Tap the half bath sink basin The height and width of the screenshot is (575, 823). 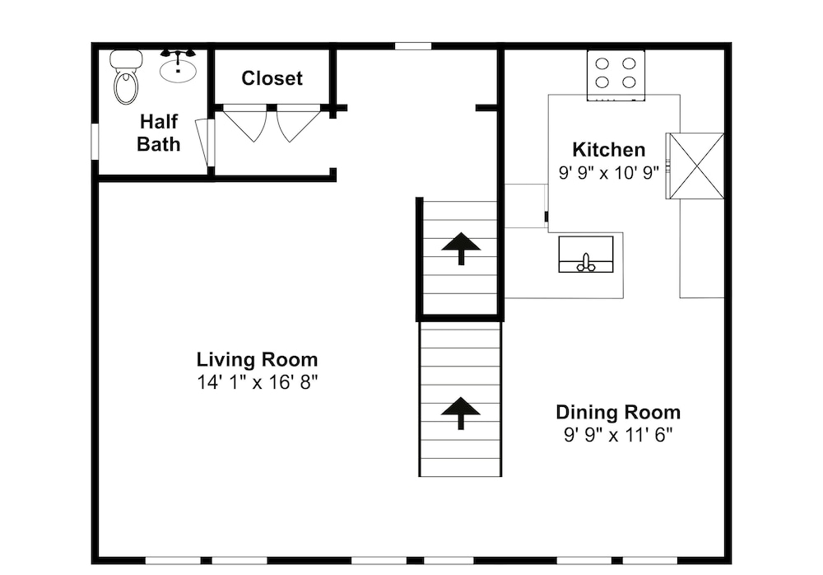coord(179,71)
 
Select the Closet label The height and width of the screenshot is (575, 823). coord(272,78)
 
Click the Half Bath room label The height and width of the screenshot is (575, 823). coord(159,133)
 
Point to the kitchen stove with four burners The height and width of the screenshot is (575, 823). coord(616,75)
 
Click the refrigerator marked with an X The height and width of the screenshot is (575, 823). coord(695,166)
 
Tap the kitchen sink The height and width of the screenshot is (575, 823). coord(586,255)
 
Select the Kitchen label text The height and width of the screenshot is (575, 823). coord(609,150)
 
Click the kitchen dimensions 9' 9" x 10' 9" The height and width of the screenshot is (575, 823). coord(609,172)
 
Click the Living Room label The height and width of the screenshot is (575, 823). coord(257,359)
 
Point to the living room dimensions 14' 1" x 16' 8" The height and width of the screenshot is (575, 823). coord(257,382)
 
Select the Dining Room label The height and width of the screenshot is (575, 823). coord(618,412)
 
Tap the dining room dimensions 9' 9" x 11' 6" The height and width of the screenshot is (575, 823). coord(618,435)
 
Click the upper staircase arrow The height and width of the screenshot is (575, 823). coord(461,248)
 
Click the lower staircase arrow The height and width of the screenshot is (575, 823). coord(461,413)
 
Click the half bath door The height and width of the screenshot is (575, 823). coord(205,143)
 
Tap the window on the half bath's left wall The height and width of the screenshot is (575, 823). coord(95,141)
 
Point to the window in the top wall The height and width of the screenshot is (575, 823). coord(413,46)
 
